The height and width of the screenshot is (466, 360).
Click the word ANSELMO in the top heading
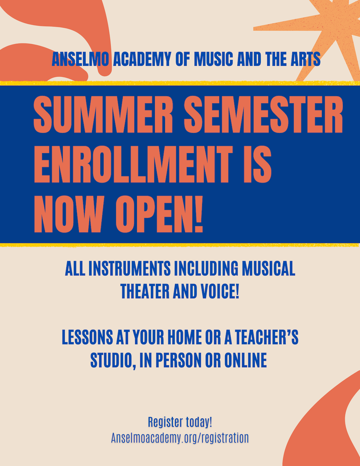[x=80, y=59]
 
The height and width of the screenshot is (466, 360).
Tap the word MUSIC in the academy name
[x=213, y=59]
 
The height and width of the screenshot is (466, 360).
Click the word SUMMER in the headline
[x=103, y=114]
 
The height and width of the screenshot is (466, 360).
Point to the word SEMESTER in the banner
[x=263, y=114]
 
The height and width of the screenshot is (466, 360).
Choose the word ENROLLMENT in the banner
[x=133, y=164]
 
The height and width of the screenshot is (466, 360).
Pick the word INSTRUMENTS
[x=130, y=268]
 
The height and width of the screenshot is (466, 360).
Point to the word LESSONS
[x=87, y=337]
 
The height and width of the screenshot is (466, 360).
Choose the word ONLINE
[x=245, y=361]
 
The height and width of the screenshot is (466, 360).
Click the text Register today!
[x=180, y=422]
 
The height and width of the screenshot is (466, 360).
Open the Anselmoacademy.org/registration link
[x=180, y=438]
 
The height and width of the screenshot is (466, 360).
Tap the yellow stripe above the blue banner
[x=180, y=83]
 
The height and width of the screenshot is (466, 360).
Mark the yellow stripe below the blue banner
[x=180, y=245]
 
